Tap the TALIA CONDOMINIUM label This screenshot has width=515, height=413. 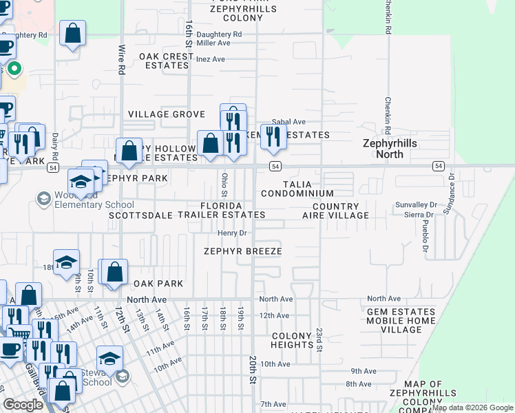297,189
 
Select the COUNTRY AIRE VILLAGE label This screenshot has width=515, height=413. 335,211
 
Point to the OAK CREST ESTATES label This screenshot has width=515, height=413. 167,61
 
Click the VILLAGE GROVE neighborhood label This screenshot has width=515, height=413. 167,114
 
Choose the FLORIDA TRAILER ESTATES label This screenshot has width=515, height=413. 221,211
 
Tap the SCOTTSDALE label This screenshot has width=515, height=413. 140,215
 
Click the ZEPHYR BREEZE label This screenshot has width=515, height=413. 242,251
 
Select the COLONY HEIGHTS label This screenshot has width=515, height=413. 292,340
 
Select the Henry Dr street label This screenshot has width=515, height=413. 231,233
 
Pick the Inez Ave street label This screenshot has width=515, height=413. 211,59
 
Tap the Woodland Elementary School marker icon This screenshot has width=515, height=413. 43,199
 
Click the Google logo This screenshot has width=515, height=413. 23,405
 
